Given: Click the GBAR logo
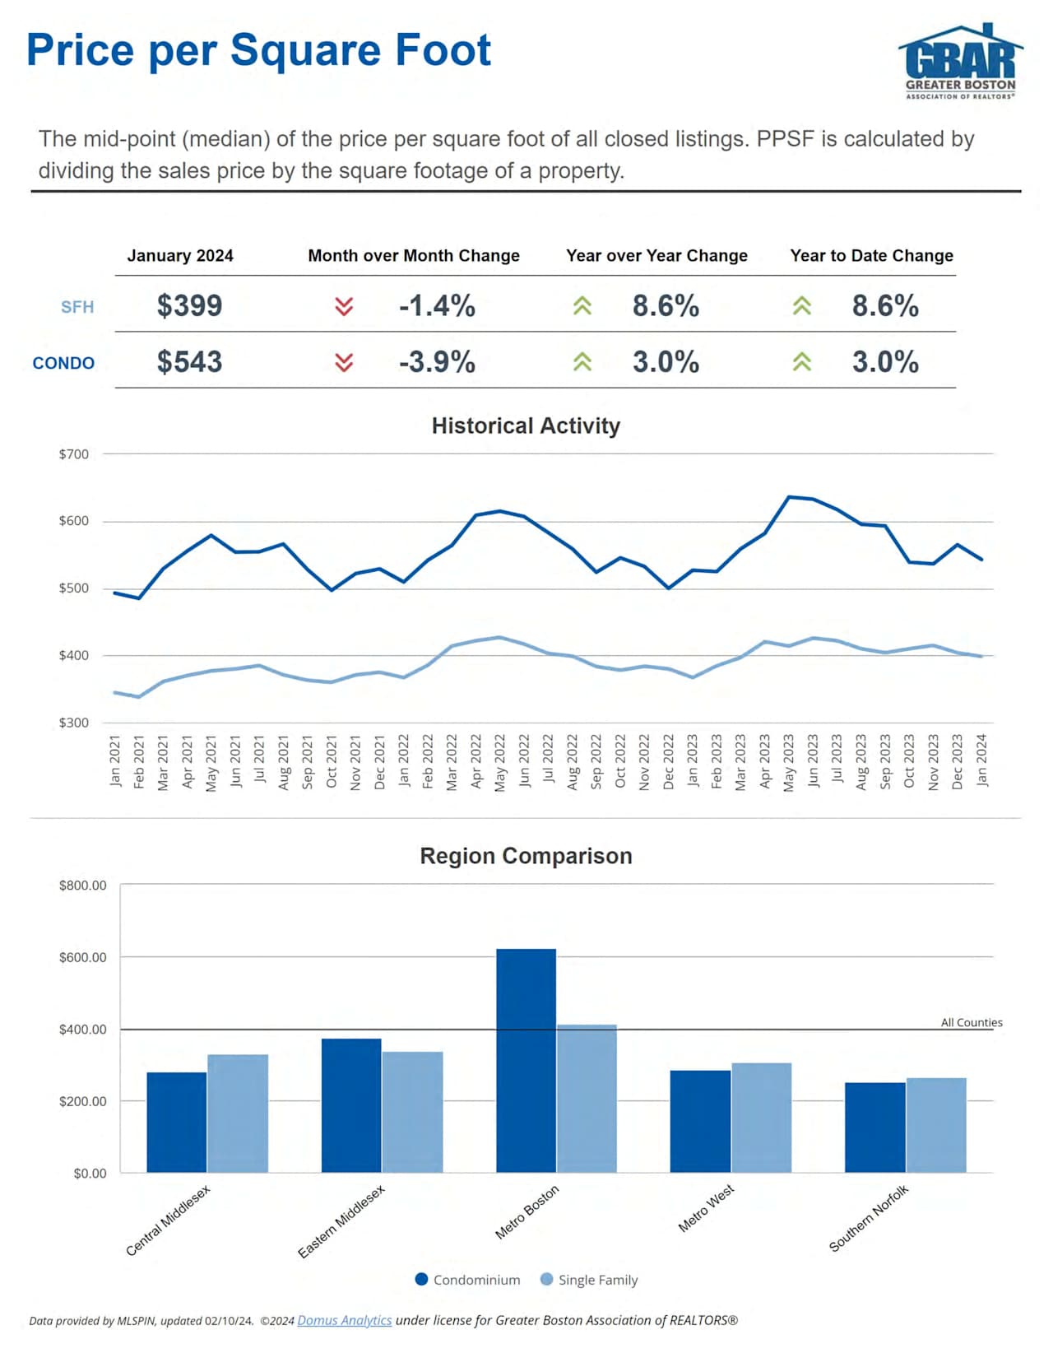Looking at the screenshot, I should [x=960, y=62].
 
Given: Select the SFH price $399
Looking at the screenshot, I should [x=189, y=305].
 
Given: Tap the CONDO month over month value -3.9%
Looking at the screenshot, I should [x=437, y=362].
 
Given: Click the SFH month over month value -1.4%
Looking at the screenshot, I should [x=437, y=306].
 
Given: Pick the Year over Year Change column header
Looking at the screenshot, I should [x=656, y=256].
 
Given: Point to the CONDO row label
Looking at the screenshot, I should [x=63, y=363].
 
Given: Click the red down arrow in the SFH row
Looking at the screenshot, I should [x=344, y=306].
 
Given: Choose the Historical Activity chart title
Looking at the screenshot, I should [x=526, y=425].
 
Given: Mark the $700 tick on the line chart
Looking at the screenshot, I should [x=74, y=454].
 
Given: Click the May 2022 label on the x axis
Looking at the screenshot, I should [x=500, y=762].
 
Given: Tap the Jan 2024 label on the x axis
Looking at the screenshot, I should [x=981, y=760].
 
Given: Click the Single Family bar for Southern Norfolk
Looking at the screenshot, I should [x=936, y=1125].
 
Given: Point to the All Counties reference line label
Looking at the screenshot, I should [x=972, y=1022].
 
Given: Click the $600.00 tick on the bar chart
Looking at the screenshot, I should [x=83, y=957].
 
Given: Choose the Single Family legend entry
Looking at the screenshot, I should [x=589, y=1280].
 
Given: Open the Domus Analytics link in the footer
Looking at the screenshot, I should [x=344, y=1320].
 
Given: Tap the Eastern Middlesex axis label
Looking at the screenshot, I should [x=341, y=1221].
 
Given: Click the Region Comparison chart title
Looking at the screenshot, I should [x=526, y=856].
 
